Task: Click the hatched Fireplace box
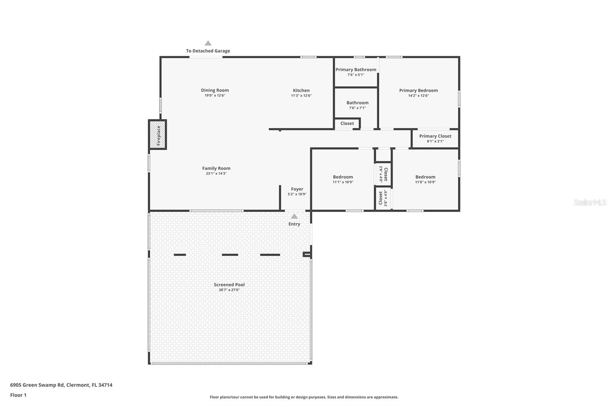coord(158,134)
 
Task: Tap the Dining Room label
coord(215,90)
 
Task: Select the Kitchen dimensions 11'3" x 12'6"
coord(301,96)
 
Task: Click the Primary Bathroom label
coord(356,70)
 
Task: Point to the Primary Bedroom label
coord(418,90)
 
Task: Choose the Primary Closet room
coord(435,138)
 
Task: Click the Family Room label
coord(216,168)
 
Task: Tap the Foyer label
coord(297,189)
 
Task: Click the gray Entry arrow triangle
coord(294,217)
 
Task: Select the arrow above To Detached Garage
coord(208,43)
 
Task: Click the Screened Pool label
coord(229,285)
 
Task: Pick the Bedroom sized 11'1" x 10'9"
coord(343,179)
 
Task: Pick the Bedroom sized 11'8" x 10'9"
coord(425,179)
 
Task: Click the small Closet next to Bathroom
coord(347,123)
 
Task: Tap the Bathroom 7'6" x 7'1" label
coord(357,103)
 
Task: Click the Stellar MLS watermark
coord(590,203)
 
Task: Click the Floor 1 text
coord(18,395)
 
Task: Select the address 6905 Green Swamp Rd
coord(61,385)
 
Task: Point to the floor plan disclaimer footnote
coord(304,397)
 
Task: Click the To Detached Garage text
coord(208,51)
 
